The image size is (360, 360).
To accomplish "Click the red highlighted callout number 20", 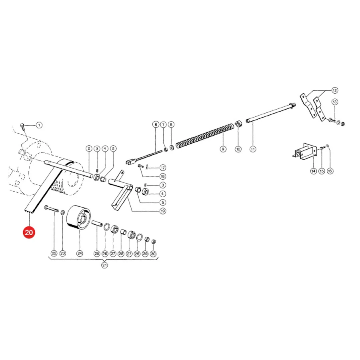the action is point(29,232).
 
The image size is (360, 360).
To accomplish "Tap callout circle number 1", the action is point(39,125).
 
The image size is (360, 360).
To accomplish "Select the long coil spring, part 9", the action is point(205,136).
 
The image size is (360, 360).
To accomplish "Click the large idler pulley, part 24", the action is point(78,217).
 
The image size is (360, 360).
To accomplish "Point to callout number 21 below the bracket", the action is point(104,265).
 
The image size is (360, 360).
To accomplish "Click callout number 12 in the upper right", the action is point(334,90).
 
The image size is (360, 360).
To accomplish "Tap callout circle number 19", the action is point(162,211).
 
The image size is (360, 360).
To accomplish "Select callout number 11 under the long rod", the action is point(253,149).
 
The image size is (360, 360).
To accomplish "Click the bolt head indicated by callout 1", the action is point(22,126).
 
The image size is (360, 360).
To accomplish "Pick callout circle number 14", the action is point(313,171).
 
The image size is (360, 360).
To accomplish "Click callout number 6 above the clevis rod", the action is point(156,124).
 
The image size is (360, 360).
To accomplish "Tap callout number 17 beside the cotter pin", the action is point(162,168).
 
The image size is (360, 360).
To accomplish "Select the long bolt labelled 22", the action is point(52,209).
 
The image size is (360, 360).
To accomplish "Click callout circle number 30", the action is point(153,254).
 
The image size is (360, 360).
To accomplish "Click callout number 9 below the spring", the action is point(223,149).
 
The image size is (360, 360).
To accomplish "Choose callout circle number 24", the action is point(80,254).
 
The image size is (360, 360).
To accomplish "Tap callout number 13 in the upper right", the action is point(335,102).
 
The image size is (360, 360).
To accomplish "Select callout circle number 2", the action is point(89,148).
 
